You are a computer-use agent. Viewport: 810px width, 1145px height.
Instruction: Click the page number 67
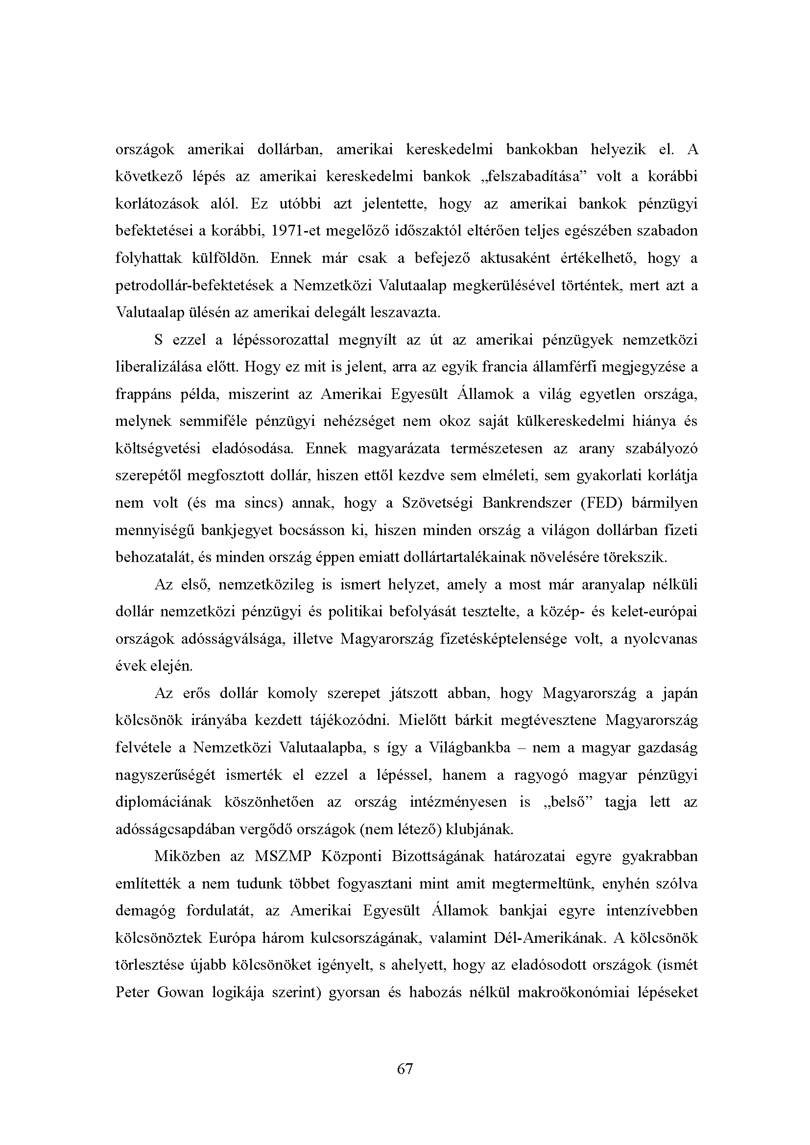tap(405, 1068)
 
